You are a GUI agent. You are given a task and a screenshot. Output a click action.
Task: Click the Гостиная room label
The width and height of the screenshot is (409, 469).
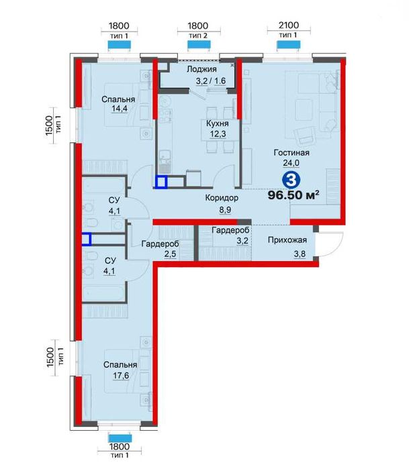pyautogui.click(x=291, y=152)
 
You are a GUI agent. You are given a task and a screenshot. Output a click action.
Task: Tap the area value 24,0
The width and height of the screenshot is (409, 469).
pyautogui.click(x=291, y=163)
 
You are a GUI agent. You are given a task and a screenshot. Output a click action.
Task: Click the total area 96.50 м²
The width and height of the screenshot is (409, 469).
pyautogui.click(x=293, y=195)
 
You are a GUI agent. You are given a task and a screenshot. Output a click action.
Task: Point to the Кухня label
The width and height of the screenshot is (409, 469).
pyautogui.click(x=218, y=123)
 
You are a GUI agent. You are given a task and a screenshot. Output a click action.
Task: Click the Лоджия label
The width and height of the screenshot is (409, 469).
pyautogui.click(x=201, y=69)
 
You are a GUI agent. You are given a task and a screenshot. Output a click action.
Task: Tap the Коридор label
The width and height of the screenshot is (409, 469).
pyautogui.click(x=222, y=198)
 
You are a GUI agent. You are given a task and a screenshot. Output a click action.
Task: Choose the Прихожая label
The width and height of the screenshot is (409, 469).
pyautogui.click(x=287, y=240)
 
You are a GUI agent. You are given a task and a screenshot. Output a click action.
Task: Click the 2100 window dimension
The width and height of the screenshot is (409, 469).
pyautogui.click(x=289, y=25)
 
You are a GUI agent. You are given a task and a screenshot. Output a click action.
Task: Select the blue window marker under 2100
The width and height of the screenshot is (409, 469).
pyautogui.click(x=288, y=44)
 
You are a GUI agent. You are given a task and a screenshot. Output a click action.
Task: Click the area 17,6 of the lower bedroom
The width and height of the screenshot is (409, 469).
pyautogui.click(x=121, y=375)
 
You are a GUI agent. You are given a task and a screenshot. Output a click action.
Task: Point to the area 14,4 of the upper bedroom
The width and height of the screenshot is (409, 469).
pyautogui.click(x=120, y=109)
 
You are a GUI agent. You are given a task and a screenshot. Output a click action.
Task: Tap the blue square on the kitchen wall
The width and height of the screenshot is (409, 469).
pyautogui.click(x=161, y=182)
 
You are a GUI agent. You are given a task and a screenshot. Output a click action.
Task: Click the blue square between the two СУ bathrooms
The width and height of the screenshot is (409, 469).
pyautogui.click(x=87, y=239)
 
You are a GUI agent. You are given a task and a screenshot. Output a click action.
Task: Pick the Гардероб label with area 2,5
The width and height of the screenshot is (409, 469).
pyautogui.click(x=161, y=244)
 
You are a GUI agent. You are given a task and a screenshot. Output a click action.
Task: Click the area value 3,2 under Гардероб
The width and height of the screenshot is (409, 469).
pyautogui.click(x=242, y=240)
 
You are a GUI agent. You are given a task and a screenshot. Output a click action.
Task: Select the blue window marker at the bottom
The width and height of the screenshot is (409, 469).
pyautogui.click(x=120, y=439)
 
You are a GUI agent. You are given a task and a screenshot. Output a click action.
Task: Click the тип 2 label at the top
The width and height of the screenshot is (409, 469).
pyautogui.click(x=198, y=36)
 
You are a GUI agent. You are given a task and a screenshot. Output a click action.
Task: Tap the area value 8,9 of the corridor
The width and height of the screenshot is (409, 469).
pyautogui.click(x=225, y=209)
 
